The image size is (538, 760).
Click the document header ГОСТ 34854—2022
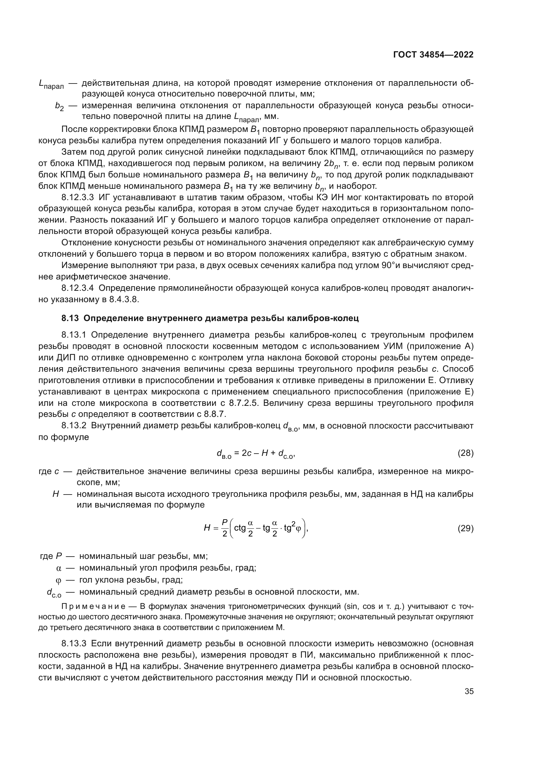click(433, 55)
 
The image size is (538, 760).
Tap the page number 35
click(469, 691)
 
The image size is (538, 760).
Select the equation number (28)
click(465, 453)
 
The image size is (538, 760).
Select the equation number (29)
click(465, 529)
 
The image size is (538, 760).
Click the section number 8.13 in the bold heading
click(70, 318)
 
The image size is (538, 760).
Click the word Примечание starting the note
click(93, 606)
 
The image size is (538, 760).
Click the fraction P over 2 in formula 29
click(225, 529)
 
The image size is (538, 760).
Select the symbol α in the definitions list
click(59, 568)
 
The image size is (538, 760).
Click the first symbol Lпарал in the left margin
click(51, 84)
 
